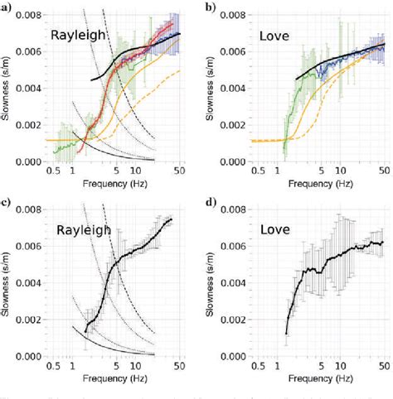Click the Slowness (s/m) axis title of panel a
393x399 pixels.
(7, 87)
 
